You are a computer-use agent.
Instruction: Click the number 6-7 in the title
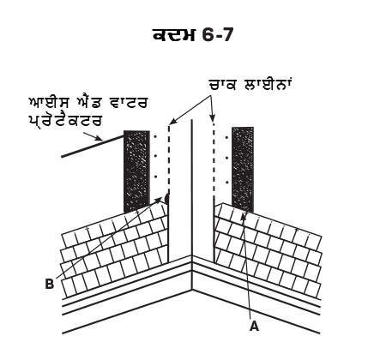(216, 35)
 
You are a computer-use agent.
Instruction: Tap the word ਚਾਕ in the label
(222, 85)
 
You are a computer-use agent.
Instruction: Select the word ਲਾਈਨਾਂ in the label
(268, 84)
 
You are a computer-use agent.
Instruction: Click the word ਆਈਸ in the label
(51, 103)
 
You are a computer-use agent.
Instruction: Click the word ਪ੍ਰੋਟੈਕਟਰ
(65, 121)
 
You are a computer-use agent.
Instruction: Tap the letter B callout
(50, 285)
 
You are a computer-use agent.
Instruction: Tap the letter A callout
(254, 326)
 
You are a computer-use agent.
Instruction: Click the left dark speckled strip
(136, 171)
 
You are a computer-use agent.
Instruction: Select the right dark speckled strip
(243, 170)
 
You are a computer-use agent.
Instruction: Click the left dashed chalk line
(169, 159)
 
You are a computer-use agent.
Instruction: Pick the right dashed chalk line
(213, 159)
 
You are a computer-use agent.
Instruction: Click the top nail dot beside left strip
(155, 137)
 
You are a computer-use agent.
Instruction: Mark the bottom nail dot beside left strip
(155, 177)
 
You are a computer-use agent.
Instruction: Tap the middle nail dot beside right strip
(227, 158)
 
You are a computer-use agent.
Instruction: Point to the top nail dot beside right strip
(226, 138)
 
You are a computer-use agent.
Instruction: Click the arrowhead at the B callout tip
(159, 200)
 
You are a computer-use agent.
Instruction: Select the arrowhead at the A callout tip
(244, 217)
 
